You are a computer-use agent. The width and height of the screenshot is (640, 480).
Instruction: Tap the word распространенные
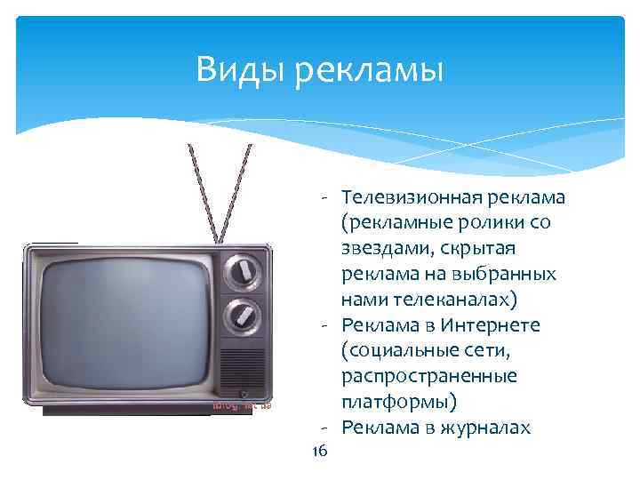[428, 377]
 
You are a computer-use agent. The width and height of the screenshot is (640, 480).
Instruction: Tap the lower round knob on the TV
[240, 314]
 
